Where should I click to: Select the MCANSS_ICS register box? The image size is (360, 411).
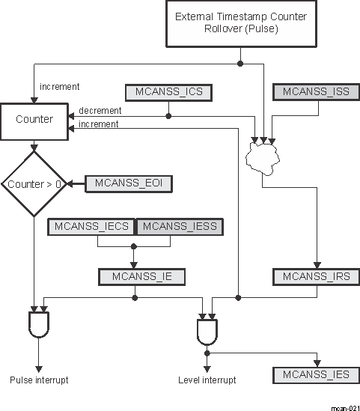click(169, 92)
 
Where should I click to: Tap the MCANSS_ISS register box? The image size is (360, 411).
click(311, 92)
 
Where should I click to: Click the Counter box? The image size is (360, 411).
click(34, 120)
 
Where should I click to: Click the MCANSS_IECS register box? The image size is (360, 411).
click(91, 227)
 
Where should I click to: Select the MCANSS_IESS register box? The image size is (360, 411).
click(177, 227)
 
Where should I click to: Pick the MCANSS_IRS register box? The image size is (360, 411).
click(317, 276)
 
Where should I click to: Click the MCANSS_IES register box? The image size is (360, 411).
click(317, 374)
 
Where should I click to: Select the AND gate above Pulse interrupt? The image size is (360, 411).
click(38, 324)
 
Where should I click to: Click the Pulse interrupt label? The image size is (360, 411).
click(39, 380)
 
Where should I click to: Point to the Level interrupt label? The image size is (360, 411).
click(207, 380)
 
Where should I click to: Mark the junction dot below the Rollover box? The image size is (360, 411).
click(240, 63)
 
